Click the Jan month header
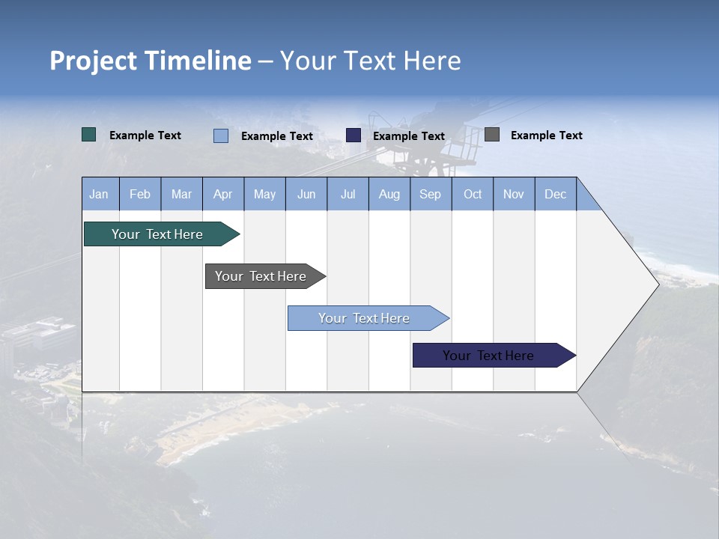pyautogui.click(x=100, y=194)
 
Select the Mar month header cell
pyautogui.click(x=181, y=194)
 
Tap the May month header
pyautogui.click(x=264, y=194)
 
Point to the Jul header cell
pyautogui.click(x=348, y=194)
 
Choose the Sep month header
pyautogui.click(x=430, y=194)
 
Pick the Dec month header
pyautogui.click(x=555, y=194)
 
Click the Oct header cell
pyautogui.click(x=473, y=194)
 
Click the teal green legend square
pyautogui.click(x=89, y=135)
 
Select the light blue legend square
pyautogui.click(x=221, y=135)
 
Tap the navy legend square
pyautogui.click(x=354, y=135)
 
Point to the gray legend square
pyautogui.click(x=492, y=135)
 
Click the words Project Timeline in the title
pyautogui.click(x=151, y=61)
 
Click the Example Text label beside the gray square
pyautogui.click(x=546, y=135)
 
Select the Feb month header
pyautogui.click(x=140, y=194)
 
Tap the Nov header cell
pyautogui.click(x=514, y=194)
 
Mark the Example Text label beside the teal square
pyautogui.click(x=145, y=135)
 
